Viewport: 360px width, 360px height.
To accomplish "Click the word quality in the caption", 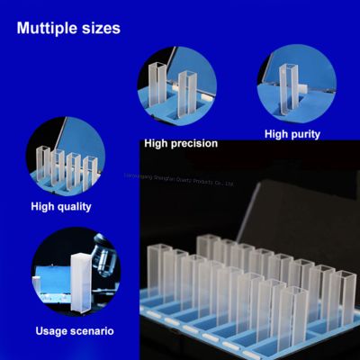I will click(x=76, y=207).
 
